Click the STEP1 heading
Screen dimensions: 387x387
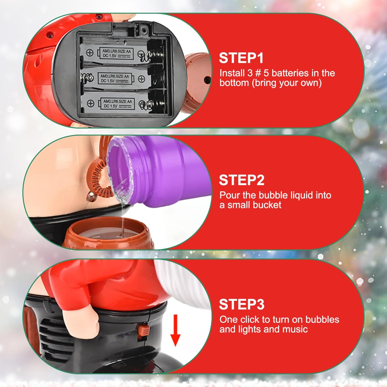click(x=241, y=58)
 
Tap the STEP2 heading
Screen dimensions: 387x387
click(x=242, y=180)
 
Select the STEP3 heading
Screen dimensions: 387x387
click(x=242, y=304)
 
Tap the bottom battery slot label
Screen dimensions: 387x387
click(x=117, y=103)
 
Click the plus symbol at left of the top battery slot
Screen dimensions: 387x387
click(x=90, y=53)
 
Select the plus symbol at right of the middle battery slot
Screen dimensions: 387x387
click(x=141, y=79)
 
